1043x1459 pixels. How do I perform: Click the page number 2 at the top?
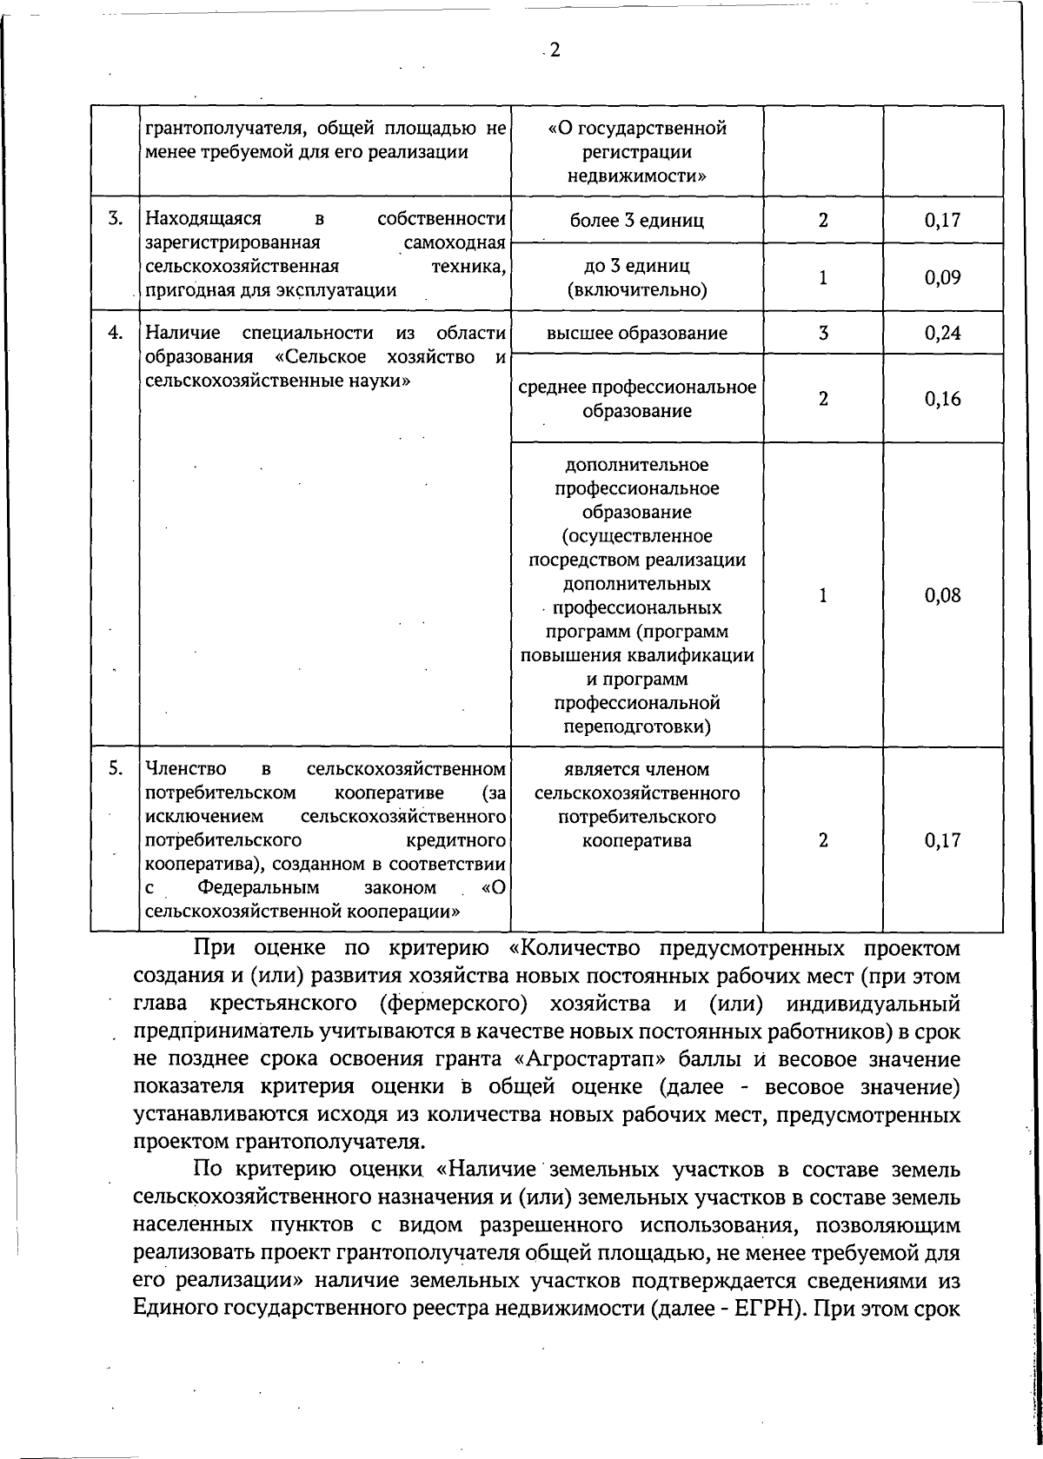click(555, 50)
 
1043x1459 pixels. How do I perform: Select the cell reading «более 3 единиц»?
click(636, 221)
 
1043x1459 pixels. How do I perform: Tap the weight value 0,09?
click(943, 278)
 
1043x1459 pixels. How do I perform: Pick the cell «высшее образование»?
click(636, 333)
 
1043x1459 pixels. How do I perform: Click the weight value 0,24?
click(943, 333)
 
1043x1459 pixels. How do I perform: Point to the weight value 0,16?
click(943, 399)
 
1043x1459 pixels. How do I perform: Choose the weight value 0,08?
click(943, 595)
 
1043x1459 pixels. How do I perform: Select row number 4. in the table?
click(115, 333)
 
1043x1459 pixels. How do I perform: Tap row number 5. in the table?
click(115, 768)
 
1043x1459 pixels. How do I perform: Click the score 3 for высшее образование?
click(822, 333)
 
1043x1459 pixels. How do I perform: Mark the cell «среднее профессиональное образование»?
click(636, 399)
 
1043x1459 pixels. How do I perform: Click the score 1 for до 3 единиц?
click(822, 278)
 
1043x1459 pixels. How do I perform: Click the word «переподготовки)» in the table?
click(636, 726)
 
